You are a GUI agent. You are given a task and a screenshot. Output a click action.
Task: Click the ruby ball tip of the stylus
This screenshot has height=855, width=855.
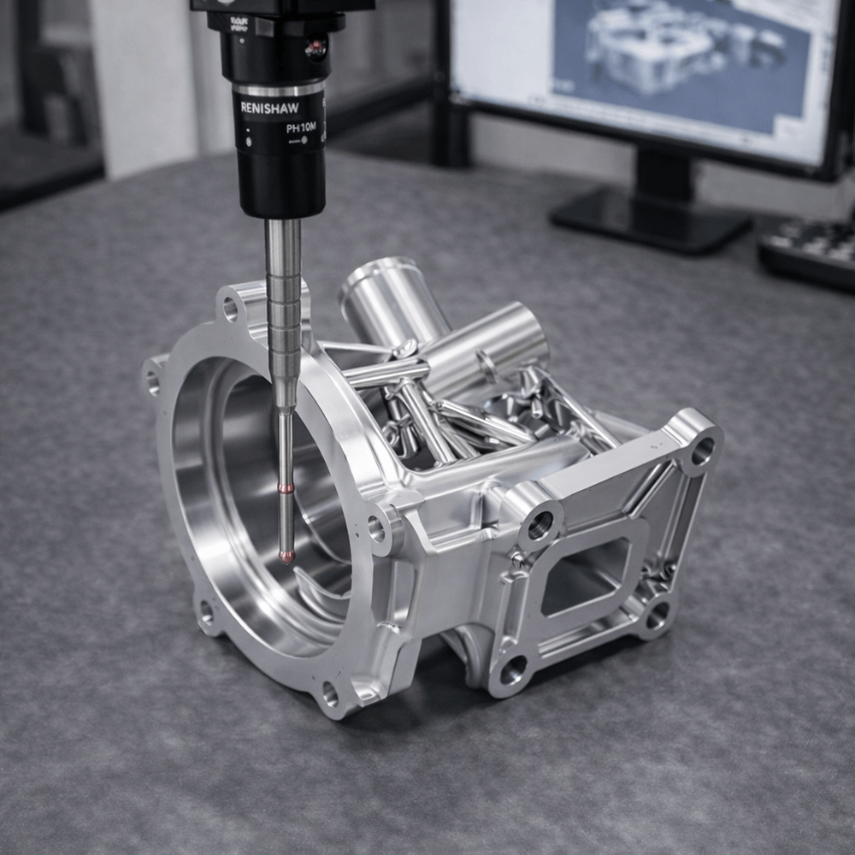coord(287,557)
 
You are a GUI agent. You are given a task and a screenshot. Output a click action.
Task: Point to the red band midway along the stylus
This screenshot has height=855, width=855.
coord(286,488)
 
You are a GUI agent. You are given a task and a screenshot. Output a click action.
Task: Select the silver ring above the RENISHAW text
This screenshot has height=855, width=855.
coord(279,87)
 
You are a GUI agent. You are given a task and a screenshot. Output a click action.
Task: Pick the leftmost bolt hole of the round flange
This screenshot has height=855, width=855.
coord(153,379)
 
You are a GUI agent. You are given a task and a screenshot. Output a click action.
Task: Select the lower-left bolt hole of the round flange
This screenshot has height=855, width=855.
coord(206,610)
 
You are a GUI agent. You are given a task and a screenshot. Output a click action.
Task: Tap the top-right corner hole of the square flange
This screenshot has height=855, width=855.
coord(702,451)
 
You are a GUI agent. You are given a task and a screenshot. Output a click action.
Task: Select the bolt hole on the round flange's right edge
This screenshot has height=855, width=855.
coord(377,528)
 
